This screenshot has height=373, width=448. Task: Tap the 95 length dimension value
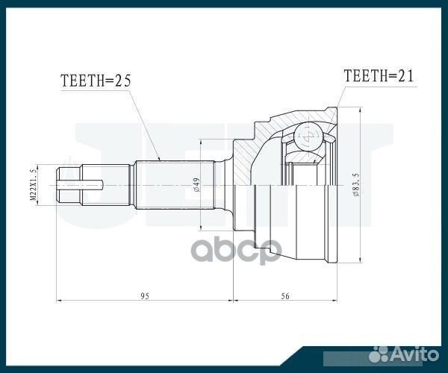tap(145, 296)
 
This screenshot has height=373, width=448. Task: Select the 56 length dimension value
tap(284, 296)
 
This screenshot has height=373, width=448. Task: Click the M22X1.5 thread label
tap(33, 182)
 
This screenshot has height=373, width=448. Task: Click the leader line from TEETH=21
tap(338, 97)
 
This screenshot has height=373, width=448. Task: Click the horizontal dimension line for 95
tap(112, 301)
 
